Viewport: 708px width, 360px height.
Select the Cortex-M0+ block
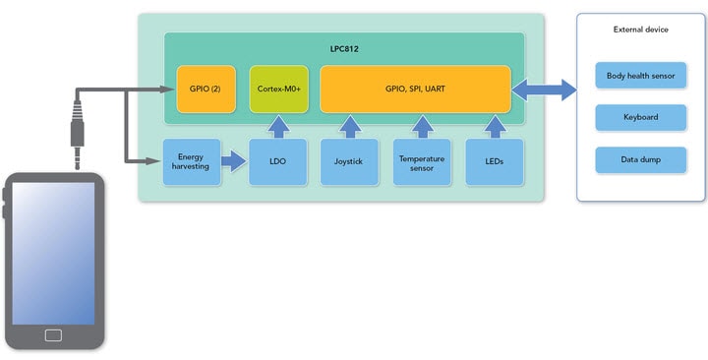point(278,89)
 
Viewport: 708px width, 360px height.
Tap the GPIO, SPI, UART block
point(415,89)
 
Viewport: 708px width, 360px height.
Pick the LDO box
point(278,162)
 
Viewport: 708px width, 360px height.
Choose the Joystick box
point(349,162)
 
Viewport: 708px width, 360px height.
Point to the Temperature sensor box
point(422,162)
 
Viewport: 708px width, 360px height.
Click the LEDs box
point(495,162)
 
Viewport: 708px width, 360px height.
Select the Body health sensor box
point(640,75)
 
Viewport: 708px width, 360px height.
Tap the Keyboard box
point(640,117)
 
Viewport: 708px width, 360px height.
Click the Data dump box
point(640,159)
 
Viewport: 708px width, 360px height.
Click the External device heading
point(640,30)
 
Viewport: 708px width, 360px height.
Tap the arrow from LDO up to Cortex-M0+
point(278,126)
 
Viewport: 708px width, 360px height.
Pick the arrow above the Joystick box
point(349,126)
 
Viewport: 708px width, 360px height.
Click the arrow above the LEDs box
point(495,126)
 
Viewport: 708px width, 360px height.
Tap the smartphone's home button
point(53,335)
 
